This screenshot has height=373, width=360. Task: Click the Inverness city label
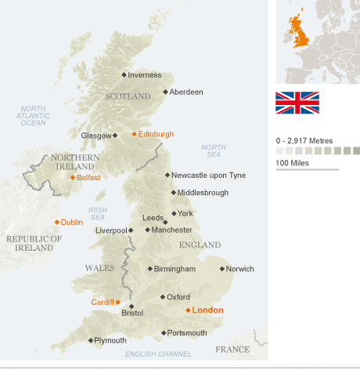click(x=144, y=75)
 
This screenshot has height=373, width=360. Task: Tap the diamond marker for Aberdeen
click(x=165, y=92)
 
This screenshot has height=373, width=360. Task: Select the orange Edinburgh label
click(x=156, y=134)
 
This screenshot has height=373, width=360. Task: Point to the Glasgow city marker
click(x=115, y=135)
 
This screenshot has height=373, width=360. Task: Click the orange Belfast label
click(x=88, y=178)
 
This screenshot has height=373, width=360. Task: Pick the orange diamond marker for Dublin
click(x=56, y=222)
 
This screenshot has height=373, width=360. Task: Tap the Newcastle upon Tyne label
click(x=208, y=175)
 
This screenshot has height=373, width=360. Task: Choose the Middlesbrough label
click(x=203, y=193)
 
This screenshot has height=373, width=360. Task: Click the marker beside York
click(x=174, y=213)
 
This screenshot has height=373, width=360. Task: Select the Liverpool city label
click(x=110, y=230)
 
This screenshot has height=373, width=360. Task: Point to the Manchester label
click(x=171, y=230)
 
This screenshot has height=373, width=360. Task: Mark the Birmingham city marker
click(x=150, y=269)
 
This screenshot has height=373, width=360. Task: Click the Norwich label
click(x=240, y=269)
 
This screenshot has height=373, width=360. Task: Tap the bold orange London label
click(x=207, y=310)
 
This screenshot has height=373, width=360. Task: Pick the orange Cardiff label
click(x=103, y=302)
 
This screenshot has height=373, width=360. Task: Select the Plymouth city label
click(x=110, y=340)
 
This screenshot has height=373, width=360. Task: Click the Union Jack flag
click(x=297, y=103)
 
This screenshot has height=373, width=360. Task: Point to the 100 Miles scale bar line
click(x=307, y=169)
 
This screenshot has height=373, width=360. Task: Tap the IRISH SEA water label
click(x=98, y=214)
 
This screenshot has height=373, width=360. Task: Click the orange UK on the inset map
click(x=298, y=32)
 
